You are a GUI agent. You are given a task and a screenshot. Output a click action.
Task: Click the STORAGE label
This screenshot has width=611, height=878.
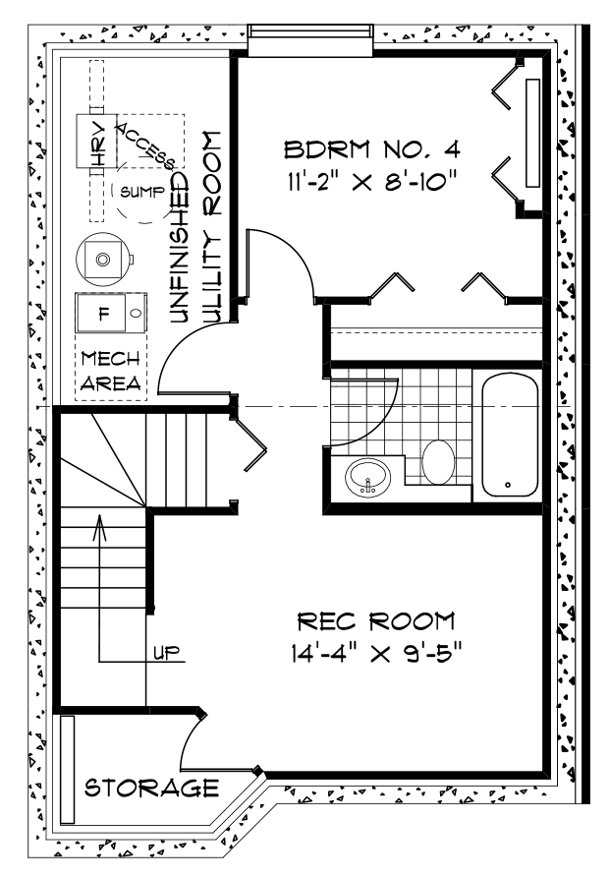point(150,788)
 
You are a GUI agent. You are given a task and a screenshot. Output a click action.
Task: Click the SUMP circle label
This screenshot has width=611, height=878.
point(138,191)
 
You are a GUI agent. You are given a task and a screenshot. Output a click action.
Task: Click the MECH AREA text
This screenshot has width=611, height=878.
point(109,370)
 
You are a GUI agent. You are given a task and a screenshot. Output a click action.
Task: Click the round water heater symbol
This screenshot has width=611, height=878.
point(102,259)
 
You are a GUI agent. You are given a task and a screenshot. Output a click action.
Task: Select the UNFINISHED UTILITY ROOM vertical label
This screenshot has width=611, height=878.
point(194,226)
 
